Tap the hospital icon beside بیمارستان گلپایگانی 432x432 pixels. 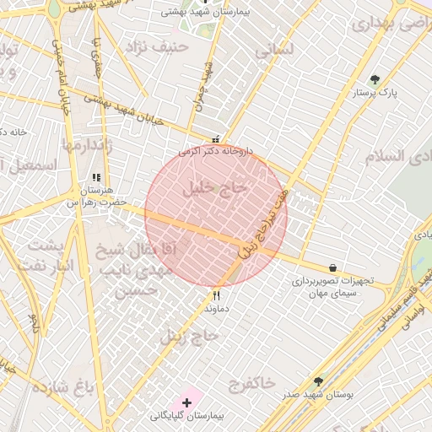tap(186, 402)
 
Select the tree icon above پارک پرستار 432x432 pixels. tap(375, 80)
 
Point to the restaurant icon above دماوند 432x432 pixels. tap(217, 296)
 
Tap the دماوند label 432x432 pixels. tap(217, 309)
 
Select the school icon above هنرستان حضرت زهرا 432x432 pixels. tap(95, 178)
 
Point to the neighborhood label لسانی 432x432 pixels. tap(276, 50)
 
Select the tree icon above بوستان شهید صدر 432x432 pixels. tap(318, 381)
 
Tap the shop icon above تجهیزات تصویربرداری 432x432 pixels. tap(332, 268)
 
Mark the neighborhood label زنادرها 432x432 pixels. tap(86, 144)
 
